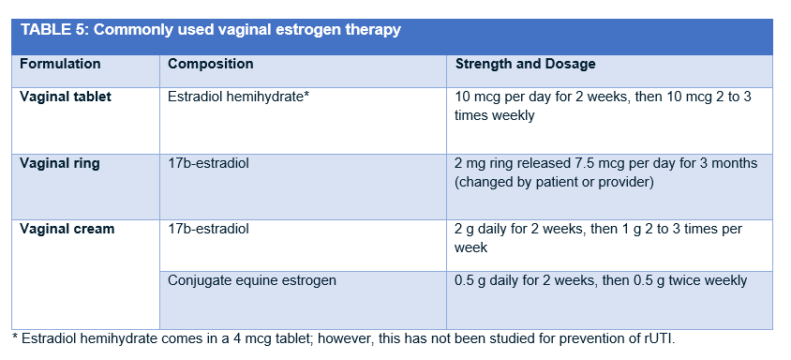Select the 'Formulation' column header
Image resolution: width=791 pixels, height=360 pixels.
click(60, 65)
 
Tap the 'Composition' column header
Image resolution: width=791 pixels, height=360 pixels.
click(210, 65)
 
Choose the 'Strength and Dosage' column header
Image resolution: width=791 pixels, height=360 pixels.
click(525, 65)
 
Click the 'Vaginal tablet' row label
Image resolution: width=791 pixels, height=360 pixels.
click(65, 97)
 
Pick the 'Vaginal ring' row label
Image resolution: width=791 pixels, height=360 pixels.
click(59, 163)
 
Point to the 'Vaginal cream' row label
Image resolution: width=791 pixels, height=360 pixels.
click(67, 229)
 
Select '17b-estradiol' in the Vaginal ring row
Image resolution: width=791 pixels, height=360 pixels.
click(208, 163)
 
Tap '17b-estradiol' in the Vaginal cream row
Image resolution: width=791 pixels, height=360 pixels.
click(208, 229)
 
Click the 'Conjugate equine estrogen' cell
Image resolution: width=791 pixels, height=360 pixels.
click(252, 279)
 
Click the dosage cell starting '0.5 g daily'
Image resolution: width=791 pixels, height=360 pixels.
click(601, 279)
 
